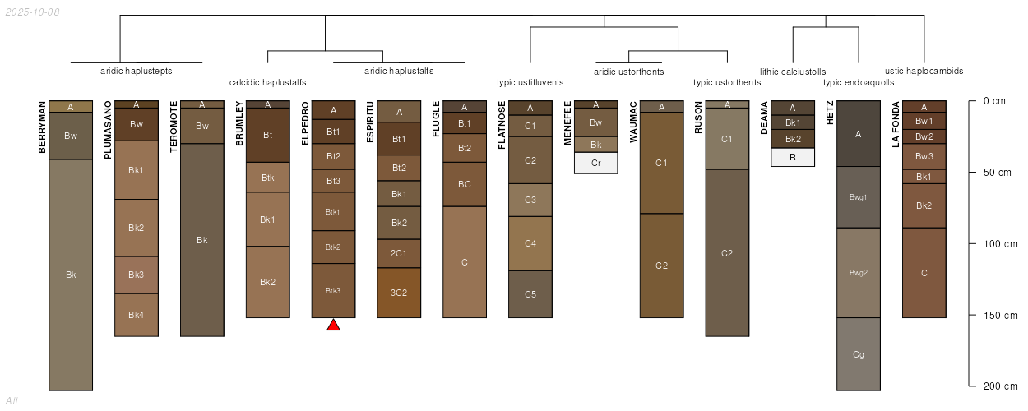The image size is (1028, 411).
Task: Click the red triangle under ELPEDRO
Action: [x=334, y=326]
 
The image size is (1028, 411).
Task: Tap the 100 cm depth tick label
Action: [x=1000, y=244]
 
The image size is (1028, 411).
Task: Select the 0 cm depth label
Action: [x=994, y=101]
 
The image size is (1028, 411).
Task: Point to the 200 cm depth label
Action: [x=1000, y=386]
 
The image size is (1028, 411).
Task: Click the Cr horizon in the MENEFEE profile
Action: [x=596, y=163]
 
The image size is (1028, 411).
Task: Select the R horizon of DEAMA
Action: [x=793, y=157]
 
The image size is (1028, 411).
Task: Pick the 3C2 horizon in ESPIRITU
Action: [x=399, y=293]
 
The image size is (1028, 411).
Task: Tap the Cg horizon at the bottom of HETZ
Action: [x=859, y=354]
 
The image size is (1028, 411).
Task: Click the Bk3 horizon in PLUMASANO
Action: [x=137, y=275]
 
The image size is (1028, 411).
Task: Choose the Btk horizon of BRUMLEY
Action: [x=268, y=178]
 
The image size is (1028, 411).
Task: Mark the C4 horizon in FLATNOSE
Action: [x=530, y=243]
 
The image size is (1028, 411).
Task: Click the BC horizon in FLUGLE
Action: [x=465, y=184]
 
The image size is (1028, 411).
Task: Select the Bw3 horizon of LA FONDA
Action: [x=924, y=156]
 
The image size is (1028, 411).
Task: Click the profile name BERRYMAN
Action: [x=42, y=127]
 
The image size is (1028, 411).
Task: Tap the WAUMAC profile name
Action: [x=633, y=122]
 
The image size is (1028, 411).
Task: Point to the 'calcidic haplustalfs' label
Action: [x=267, y=82]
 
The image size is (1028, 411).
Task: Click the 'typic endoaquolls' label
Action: [x=859, y=82]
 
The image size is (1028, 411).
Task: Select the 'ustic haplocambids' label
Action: [x=924, y=71]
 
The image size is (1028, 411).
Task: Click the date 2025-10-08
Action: [x=33, y=12]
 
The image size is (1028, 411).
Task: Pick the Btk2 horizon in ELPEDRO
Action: [x=334, y=247]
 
